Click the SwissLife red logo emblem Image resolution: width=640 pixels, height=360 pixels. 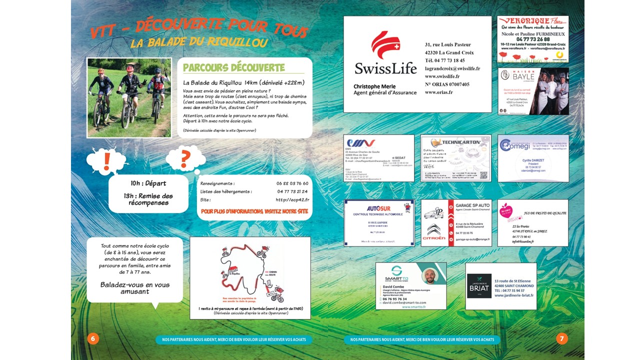click(x=385, y=45)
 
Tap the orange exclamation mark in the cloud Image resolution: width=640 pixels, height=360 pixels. click(x=106, y=161)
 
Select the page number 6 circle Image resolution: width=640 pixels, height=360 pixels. click(x=93, y=338)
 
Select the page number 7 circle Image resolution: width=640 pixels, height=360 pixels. click(x=562, y=338)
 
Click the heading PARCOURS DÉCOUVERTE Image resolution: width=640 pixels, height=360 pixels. click(x=233, y=68)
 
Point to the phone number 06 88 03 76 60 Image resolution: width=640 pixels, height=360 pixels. click(x=292, y=183)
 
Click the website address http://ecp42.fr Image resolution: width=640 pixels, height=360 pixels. click(x=292, y=199)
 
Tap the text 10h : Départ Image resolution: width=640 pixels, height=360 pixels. click(x=148, y=183)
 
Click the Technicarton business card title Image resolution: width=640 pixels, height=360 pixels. click(x=455, y=142)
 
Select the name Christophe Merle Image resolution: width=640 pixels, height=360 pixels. click(x=374, y=86)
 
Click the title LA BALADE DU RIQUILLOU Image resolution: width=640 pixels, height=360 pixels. click(x=199, y=43)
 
